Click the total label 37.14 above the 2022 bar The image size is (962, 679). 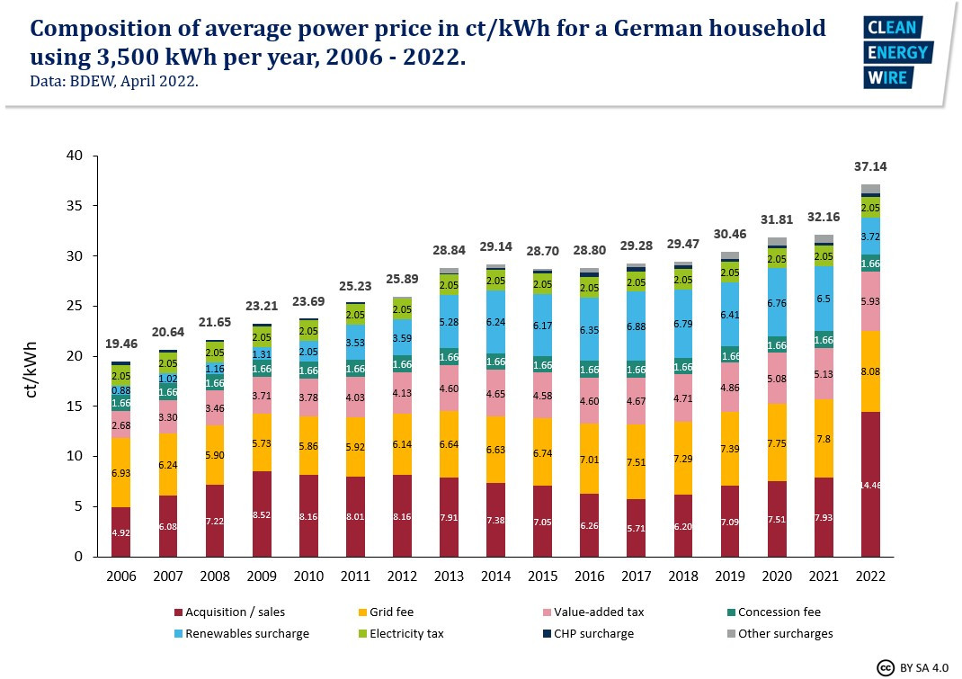pos(869,167)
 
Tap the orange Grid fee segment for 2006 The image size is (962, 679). pos(121,472)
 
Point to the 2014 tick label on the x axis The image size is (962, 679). pos(495,576)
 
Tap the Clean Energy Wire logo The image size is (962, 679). pos(896,52)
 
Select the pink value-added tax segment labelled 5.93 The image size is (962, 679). pos(870,301)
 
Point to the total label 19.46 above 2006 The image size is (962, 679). pos(121,344)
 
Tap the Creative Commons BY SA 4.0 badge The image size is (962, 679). pos(913,667)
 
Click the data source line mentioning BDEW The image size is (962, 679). pos(114,81)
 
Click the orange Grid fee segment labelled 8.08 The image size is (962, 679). pos(870,371)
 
